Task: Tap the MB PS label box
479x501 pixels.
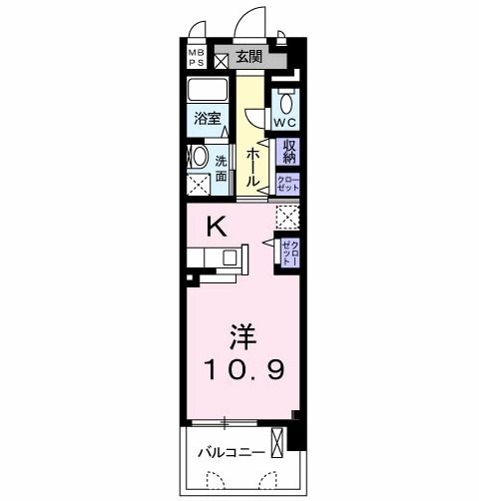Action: (x=195, y=56)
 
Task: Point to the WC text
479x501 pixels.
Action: (x=285, y=122)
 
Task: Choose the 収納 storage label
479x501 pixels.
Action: (x=290, y=151)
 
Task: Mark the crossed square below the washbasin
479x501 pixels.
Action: (x=198, y=185)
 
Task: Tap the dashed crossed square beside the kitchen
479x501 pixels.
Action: (x=289, y=214)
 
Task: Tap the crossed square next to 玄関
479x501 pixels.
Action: (x=222, y=58)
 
